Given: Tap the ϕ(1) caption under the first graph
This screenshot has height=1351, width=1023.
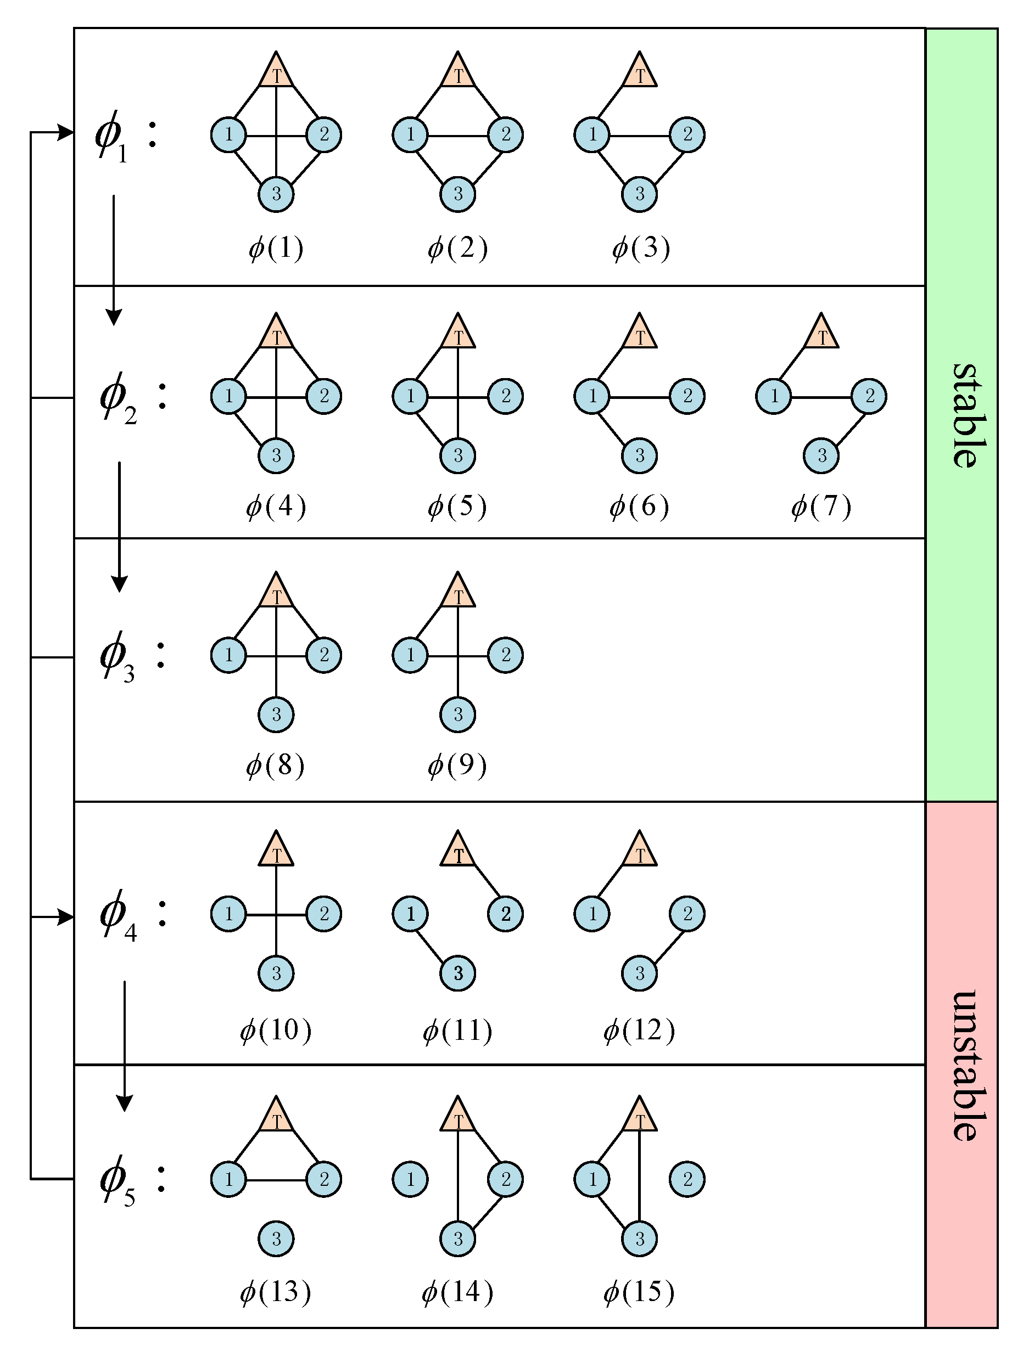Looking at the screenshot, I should click(x=276, y=248).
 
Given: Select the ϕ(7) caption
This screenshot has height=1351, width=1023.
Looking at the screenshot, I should click(x=821, y=506).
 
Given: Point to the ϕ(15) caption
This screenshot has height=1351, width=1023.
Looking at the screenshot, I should click(x=639, y=1291).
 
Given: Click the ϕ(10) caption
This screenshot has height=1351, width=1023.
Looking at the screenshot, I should click(x=276, y=1030).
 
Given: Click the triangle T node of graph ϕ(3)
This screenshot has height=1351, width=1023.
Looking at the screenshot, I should click(x=640, y=72).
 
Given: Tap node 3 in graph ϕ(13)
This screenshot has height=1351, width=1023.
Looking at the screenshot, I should click(x=276, y=1239).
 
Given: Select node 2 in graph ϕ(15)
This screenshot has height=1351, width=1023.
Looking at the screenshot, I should click(x=687, y=1179).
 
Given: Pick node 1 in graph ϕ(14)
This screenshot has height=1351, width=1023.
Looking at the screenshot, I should click(x=410, y=1179).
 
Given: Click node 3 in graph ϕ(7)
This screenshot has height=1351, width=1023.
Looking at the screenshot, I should click(x=821, y=455).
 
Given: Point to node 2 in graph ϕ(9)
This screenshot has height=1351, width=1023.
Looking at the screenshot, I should click(x=505, y=655).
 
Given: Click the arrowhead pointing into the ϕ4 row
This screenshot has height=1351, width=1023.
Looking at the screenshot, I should click(x=66, y=917).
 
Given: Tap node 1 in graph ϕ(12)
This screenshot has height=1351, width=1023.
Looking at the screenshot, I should click(x=591, y=914).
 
